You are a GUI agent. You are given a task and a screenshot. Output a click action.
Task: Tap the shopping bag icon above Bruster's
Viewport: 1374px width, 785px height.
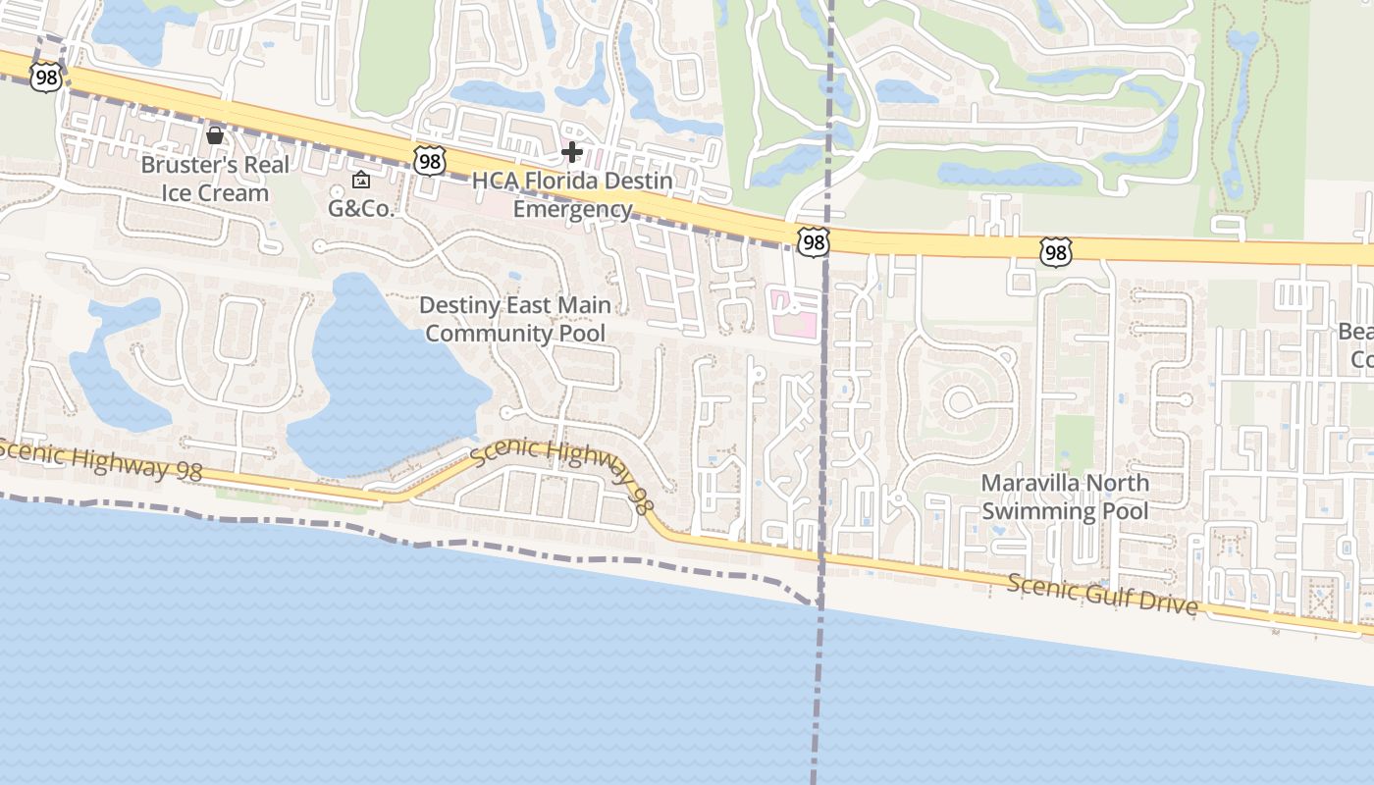point(214,134)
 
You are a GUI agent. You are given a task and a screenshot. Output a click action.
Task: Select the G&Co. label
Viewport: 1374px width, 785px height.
point(360,208)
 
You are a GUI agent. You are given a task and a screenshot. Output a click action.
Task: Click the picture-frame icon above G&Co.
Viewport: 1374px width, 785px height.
point(360,180)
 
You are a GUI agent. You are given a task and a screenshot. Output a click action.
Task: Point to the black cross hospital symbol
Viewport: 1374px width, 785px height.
point(572,152)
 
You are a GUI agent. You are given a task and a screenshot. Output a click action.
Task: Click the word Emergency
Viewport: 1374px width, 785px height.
point(572,209)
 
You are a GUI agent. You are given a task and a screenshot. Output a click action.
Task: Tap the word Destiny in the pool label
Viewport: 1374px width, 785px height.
point(457,305)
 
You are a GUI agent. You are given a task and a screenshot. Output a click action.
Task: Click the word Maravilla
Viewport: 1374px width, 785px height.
point(1026,483)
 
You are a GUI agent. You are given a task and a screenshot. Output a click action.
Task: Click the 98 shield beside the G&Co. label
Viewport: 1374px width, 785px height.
point(430,160)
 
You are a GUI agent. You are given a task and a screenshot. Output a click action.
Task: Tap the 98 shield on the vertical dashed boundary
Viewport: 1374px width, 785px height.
point(814,241)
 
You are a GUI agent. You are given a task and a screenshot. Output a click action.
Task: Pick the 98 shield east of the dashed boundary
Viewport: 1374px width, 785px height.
point(1054,253)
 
